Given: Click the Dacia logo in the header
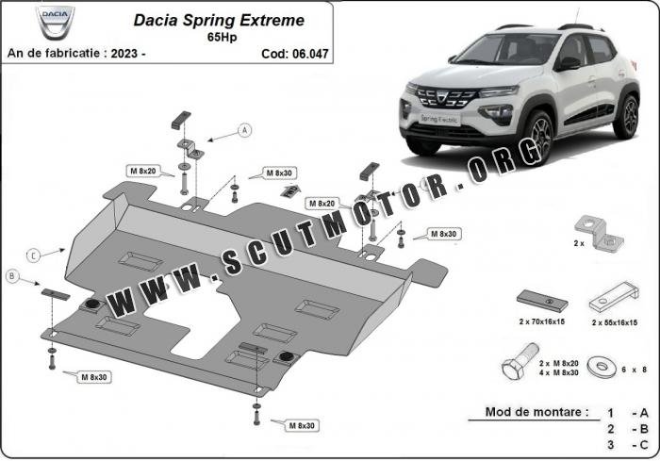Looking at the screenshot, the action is tap(55, 21).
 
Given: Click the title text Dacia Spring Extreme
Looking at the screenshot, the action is tap(219, 20).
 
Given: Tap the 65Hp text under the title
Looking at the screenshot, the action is tap(222, 37).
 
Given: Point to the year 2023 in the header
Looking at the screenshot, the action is tap(124, 54).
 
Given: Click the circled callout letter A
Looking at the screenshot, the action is tap(244, 130).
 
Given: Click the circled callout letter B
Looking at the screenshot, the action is tap(12, 276).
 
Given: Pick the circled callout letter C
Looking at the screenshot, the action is tap(33, 255).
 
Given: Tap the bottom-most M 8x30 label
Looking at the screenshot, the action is tap(302, 425).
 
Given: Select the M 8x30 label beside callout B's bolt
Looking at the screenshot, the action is tap(94, 377).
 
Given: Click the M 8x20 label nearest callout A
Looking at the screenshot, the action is tap(143, 171).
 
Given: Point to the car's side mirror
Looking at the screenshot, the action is tap(568, 63).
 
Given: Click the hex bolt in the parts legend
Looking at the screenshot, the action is tap(520, 362).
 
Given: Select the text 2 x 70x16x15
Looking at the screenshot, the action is tap(542, 321).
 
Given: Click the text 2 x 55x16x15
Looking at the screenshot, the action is tap(615, 323).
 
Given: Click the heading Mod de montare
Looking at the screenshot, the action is tap(536, 412).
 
